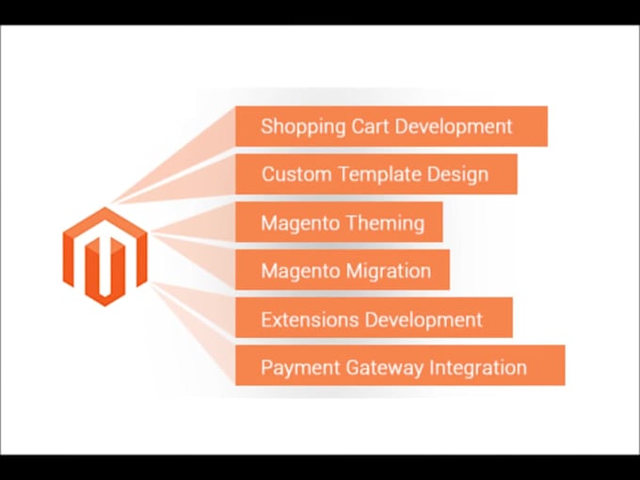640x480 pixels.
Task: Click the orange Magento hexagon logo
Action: pyautogui.click(x=105, y=256)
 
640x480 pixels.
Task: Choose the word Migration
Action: pyautogui.click(x=386, y=271)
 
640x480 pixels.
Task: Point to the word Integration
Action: pyautogui.click(x=478, y=367)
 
